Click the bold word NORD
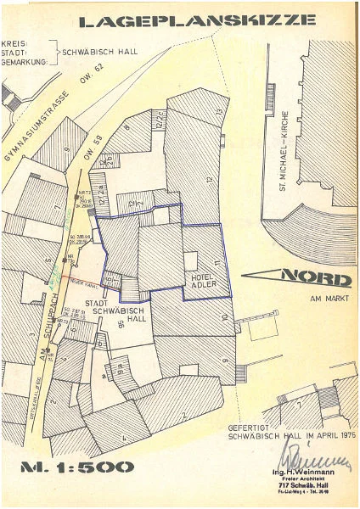(314, 277)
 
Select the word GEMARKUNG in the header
(25, 62)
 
